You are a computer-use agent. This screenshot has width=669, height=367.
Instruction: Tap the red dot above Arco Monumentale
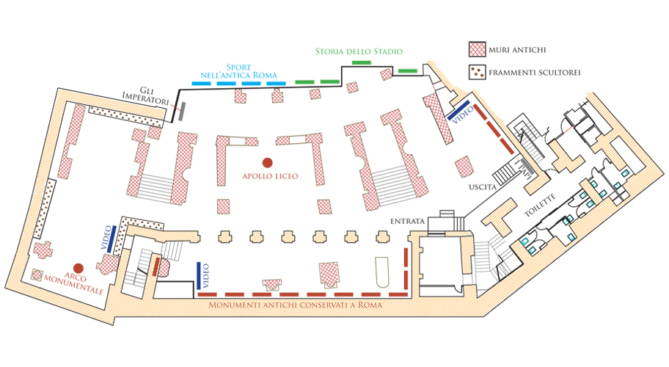tap(77, 269)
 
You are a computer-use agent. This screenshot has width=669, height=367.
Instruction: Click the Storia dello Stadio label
tap(359, 51)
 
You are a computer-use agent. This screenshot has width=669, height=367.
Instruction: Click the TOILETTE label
tap(543, 205)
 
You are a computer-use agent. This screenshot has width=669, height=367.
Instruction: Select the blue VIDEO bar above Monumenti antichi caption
tap(198, 275)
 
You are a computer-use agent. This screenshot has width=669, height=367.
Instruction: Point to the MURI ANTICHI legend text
tap(519, 50)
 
